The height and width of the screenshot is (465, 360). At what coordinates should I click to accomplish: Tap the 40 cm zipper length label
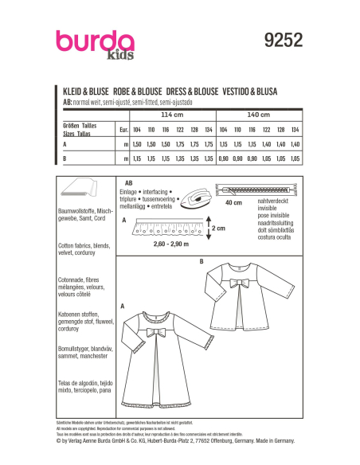[233, 203]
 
